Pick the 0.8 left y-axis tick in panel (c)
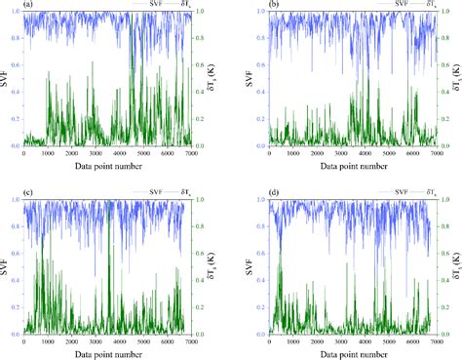tap(15, 226)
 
